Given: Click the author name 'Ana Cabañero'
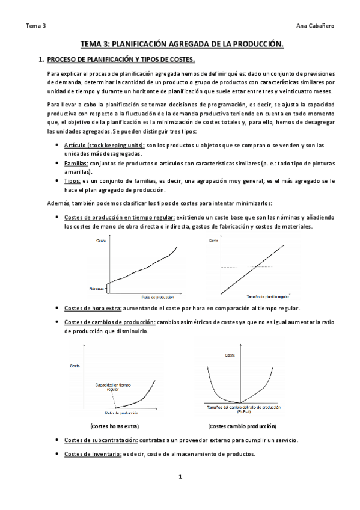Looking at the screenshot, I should pos(316,26).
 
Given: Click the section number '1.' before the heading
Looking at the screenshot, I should pos(41,60).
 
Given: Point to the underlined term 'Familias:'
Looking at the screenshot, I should pos(76,164).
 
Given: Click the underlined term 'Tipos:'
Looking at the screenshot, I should pos(72,180).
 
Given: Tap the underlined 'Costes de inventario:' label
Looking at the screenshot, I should pos(93,453).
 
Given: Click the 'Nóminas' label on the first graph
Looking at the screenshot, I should pos(98,289).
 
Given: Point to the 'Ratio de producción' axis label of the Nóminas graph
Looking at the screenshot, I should pos(157,297).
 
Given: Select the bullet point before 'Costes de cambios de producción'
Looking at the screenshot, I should pos(56,322).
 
